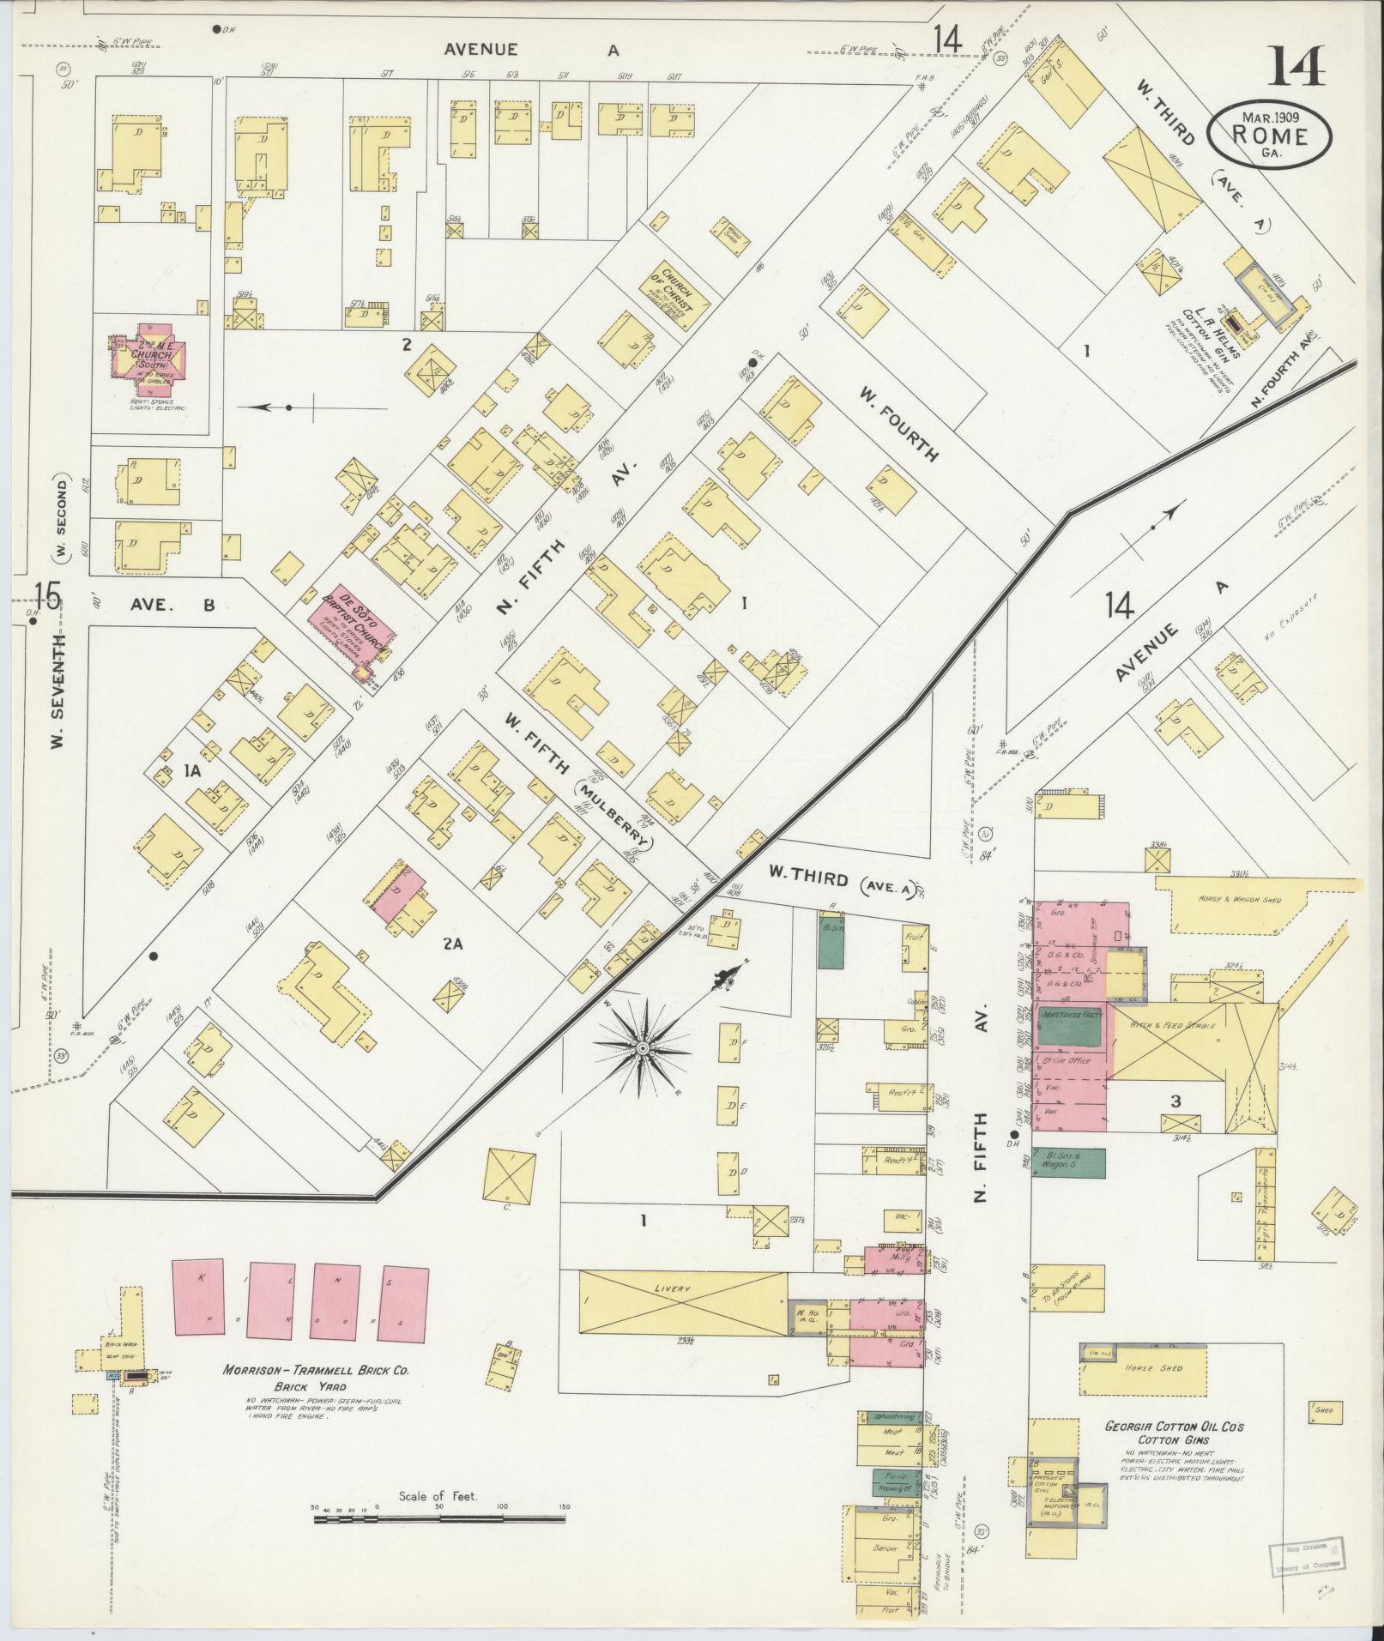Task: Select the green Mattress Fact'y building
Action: [x=1070, y=1027]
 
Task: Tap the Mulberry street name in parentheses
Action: [x=613, y=803]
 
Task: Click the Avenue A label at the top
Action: [x=529, y=50]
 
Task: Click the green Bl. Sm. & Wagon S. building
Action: [x=1068, y=1162]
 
